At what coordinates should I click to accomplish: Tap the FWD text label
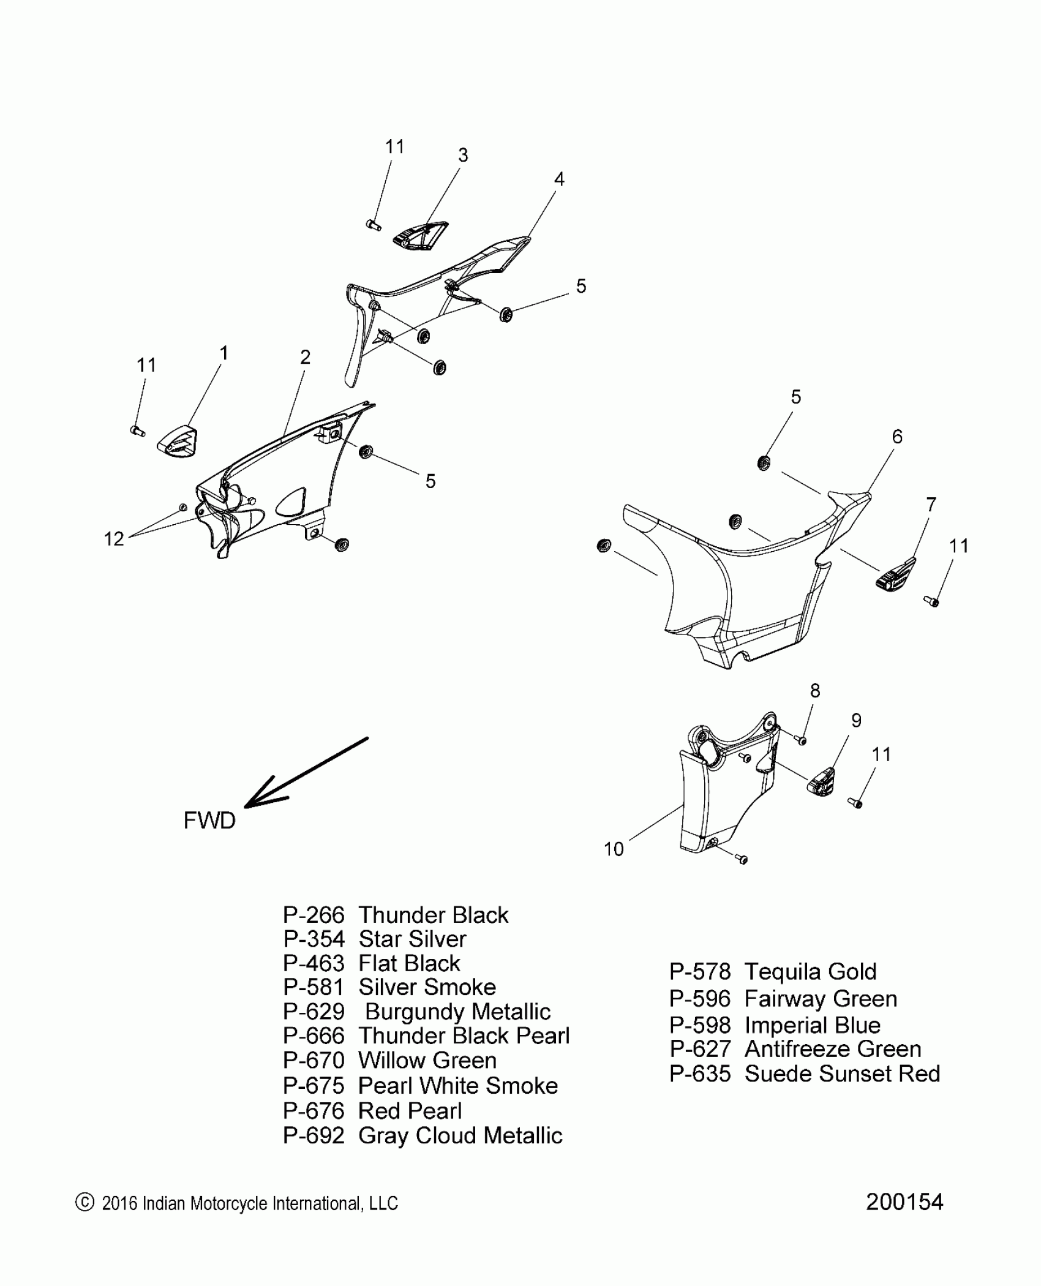[209, 821]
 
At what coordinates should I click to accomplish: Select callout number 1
[224, 353]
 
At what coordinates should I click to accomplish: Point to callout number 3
[463, 156]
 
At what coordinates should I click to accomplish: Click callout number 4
[559, 179]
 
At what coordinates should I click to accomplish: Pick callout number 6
[897, 437]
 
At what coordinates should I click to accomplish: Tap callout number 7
[931, 505]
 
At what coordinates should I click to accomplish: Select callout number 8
[815, 691]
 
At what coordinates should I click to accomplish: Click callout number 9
[856, 721]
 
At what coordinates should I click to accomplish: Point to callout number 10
[614, 849]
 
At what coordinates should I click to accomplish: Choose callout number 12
[114, 539]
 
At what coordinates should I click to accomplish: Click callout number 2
[305, 357]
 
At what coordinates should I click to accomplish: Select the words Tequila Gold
[810, 972]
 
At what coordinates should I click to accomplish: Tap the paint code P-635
[700, 1074]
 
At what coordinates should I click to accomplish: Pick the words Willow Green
[427, 1060]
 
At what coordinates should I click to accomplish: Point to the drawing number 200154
[904, 1202]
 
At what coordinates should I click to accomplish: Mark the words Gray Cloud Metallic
[460, 1135]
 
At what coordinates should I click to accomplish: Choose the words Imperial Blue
[812, 1025]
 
